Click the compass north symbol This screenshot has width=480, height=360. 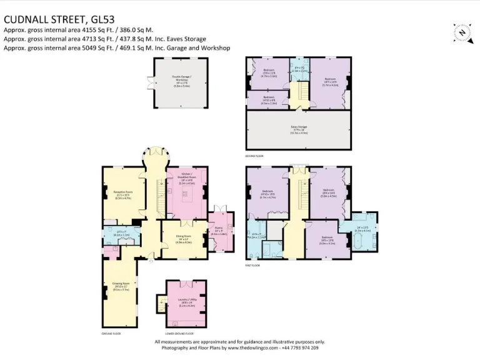pyautogui.click(x=461, y=32)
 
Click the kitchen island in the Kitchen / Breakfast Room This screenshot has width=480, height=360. pyautogui.click(x=186, y=199)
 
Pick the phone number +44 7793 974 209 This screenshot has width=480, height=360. pyautogui.click(x=296, y=348)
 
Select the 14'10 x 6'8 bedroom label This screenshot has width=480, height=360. pyautogui.click(x=267, y=99)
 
